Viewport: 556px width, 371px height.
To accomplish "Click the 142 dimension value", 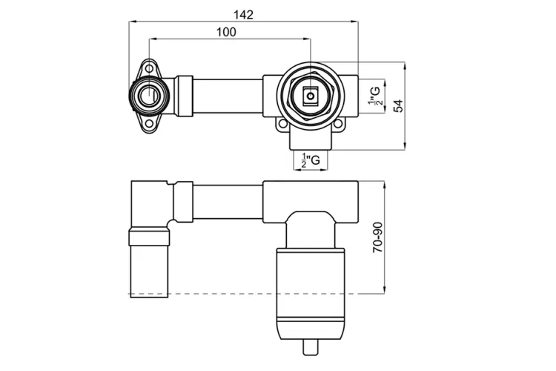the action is coord(244,15).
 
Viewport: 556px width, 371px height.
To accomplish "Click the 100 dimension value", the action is coord(226,33).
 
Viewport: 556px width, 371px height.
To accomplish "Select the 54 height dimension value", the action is coord(399,106).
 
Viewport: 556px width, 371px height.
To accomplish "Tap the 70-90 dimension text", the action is coord(378,237).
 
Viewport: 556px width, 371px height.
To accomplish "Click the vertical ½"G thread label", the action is coord(376,96).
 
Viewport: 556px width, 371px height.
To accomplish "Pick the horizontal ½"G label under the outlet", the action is coord(311,160).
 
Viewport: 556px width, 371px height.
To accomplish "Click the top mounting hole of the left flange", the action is coord(150,68).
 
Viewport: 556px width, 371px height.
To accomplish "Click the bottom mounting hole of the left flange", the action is coord(150,124).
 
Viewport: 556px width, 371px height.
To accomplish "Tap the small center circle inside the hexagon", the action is coord(311,96).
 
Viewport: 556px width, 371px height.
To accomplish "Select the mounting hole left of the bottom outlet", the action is coord(282,124).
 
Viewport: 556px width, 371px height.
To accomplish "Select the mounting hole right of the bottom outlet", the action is coord(338,124).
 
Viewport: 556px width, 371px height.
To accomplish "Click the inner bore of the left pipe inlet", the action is coord(150,96).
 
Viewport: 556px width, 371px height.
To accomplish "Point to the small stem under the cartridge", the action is coord(311,347).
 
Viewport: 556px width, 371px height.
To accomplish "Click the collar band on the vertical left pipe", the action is coord(149,237).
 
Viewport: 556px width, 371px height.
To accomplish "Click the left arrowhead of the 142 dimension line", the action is coord(132,22).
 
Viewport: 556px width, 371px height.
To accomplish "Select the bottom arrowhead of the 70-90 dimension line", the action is coord(384,290).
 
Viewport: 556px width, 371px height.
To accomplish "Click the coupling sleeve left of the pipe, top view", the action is coord(184,96).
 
